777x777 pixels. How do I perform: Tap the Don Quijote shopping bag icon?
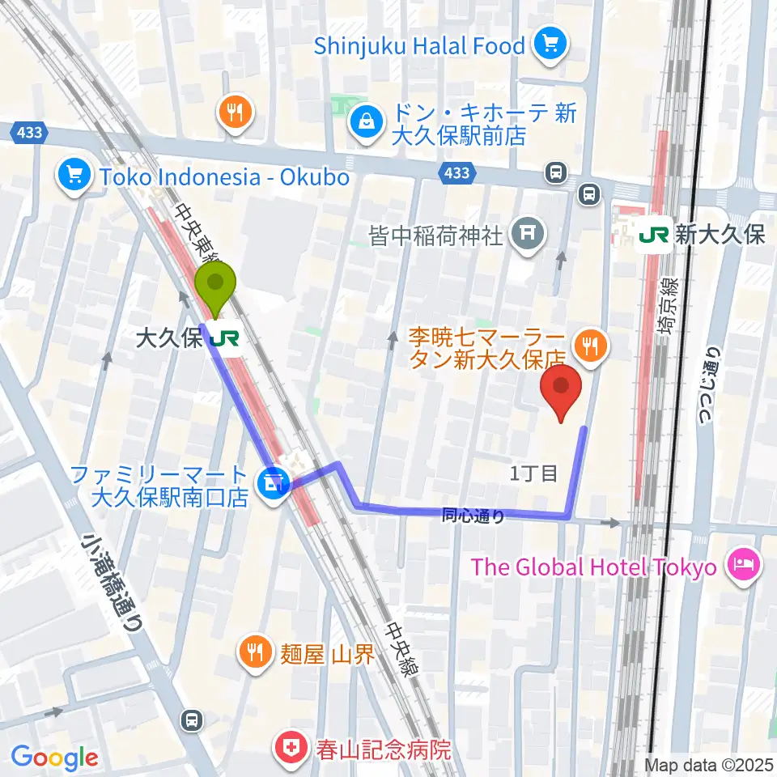pos(367,123)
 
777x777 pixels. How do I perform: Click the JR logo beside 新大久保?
pos(655,235)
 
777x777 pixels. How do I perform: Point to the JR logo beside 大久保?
pos(224,339)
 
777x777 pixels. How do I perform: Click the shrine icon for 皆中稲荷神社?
pos(527,236)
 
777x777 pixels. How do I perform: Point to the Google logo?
pos(55,758)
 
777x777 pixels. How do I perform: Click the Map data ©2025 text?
pos(707,765)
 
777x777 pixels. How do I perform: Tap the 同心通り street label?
pos(473,515)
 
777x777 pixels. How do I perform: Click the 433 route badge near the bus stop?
pos(456,172)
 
